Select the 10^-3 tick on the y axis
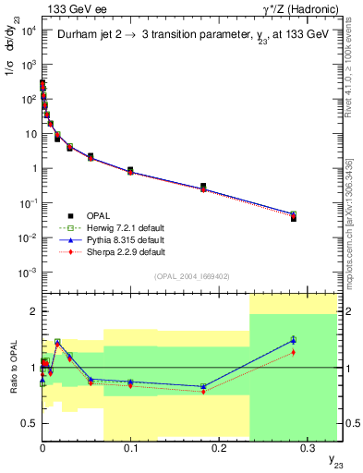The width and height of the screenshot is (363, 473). click(29, 272)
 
